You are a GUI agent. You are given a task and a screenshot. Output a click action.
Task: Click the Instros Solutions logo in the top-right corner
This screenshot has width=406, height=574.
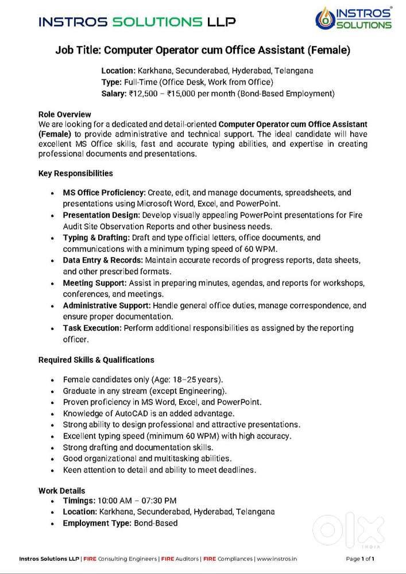(354, 18)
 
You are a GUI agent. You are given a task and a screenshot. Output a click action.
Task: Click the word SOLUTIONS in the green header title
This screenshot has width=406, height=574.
(157, 22)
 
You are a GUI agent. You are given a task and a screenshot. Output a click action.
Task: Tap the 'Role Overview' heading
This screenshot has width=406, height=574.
(64, 115)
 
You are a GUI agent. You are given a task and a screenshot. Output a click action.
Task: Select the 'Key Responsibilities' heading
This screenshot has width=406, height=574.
(75, 173)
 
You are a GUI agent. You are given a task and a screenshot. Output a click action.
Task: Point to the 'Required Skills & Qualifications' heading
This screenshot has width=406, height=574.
(96, 360)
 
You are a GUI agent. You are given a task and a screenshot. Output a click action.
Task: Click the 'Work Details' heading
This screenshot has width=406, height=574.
(61, 491)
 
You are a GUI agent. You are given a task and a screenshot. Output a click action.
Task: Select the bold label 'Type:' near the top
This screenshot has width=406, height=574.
(111, 82)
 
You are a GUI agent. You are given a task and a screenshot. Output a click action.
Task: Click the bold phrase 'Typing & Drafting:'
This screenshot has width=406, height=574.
(96, 238)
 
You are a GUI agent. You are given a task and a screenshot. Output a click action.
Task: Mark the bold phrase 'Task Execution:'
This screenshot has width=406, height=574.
(92, 328)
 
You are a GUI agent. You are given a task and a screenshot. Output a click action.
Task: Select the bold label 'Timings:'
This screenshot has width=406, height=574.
(79, 501)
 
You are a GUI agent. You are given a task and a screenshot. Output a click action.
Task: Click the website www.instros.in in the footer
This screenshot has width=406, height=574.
(276, 559)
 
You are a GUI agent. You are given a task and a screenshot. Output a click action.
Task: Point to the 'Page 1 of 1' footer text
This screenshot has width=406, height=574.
(360, 559)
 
